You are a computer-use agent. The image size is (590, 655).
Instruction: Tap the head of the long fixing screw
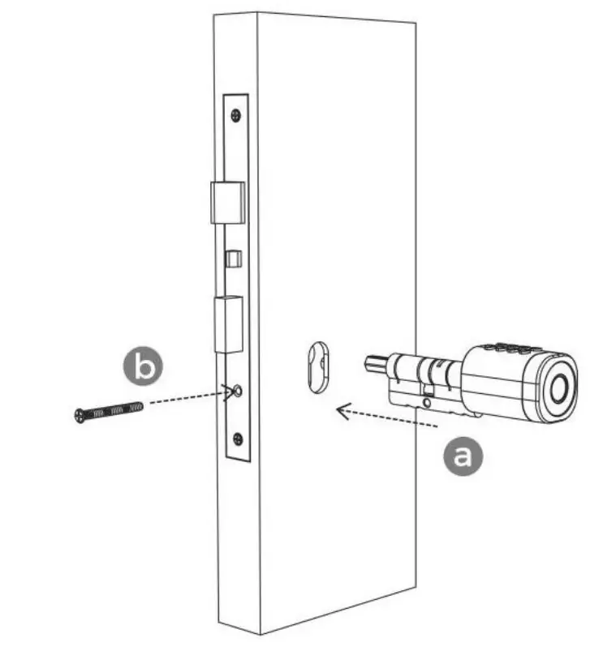79,415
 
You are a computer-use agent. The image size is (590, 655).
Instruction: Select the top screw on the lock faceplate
235,114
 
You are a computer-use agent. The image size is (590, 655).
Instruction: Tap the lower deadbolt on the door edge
228,324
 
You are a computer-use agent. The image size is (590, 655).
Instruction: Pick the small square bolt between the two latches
231,259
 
